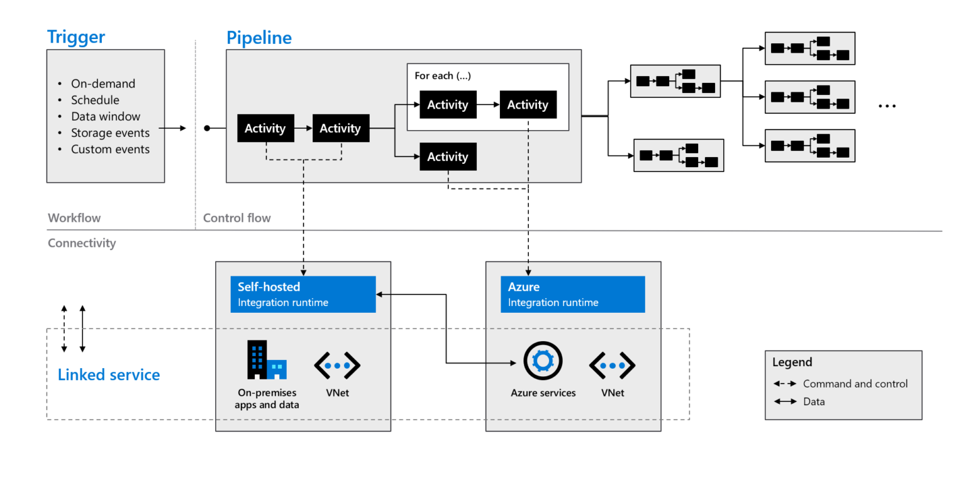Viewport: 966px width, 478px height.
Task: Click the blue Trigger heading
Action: click(x=76, y=36)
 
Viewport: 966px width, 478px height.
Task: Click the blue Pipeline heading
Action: click(x=259, y=38)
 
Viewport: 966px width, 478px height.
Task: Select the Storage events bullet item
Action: click(x=110, y=133)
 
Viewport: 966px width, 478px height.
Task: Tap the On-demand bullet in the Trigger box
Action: click(x=103, y=84)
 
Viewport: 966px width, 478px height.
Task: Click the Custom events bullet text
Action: click(x=110, y=149)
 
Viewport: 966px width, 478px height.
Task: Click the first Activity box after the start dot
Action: click(x=265, y=128)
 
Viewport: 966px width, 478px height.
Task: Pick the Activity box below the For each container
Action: click(x=448, y=156)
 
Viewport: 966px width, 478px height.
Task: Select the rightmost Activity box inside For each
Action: click(x=528, y=105)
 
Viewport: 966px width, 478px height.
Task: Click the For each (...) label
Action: click(x=443, y=75)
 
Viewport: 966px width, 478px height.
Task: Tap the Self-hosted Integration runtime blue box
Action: click(x=303, y=294)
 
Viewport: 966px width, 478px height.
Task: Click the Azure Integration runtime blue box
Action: click(x=572, y=294)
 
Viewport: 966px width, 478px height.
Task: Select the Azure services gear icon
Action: click(x=542, y=362)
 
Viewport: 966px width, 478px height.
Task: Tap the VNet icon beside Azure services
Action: click(x=612, y=366)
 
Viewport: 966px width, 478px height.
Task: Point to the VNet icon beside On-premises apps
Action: click(x=337, y=366)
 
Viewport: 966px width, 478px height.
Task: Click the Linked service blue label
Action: click(x=109, y=375)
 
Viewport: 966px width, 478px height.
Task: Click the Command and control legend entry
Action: click(x=855, y=384)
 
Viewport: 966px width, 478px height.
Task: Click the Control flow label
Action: click(x=236, y=218)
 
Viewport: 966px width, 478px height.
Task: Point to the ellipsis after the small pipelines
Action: click(x=887, y=106)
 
